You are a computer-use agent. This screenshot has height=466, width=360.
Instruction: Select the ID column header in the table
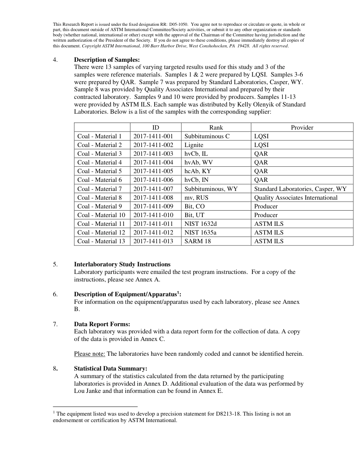click(x=156, y=128)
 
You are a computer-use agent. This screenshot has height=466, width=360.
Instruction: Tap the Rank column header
click(x=216, y=128)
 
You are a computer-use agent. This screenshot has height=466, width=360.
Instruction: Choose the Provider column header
click(x=302, y=128)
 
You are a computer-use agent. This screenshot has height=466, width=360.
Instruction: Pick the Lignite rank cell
click(x=194, y=145)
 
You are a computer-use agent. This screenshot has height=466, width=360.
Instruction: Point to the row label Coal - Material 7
click(x=100, y=189)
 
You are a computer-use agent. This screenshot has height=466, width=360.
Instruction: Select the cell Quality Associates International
click(x=296, y=197)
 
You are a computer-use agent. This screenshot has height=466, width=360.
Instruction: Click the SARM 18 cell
click(x=197, y=241)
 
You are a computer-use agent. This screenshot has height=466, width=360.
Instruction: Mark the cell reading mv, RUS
click(x=196, y=197)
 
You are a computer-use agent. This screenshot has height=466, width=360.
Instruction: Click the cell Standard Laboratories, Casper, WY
click(x=300, y=189)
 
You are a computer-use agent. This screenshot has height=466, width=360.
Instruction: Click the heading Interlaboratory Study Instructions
click(x=122, y=264)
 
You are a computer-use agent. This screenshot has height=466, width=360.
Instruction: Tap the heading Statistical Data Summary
click(x=111, y=369)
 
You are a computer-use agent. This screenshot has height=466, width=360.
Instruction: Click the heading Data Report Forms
click(x=102, y=324)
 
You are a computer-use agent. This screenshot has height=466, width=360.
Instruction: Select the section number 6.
click(x=55, y=294)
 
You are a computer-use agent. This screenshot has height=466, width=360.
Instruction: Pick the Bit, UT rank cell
click(x=194, y=215)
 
